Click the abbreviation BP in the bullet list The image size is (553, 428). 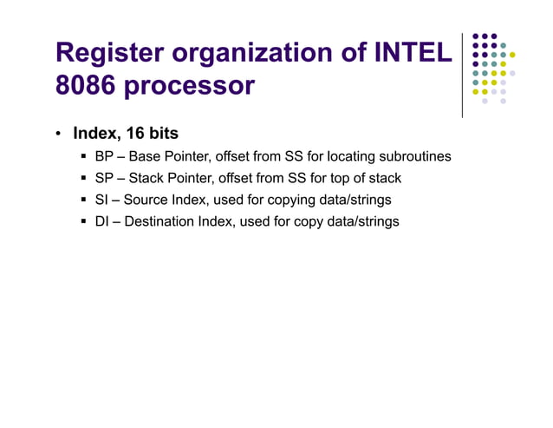pyautogui.click(x=104, y=157)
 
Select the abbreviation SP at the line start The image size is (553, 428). pyautogui.click(x=104, y=178)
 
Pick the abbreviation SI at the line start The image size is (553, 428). pyautogui.click(x=101, y=200)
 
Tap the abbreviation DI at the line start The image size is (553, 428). pyautogui.click(x=101, y=221)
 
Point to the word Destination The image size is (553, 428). pyautogui.click(x=163, y=221)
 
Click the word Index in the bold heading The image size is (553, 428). pyautogui.click(x=93, y=134)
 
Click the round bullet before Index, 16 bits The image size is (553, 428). pyautogui.click(x=57, y=135)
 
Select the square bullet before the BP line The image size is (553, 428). pyautogui.click(x=84, y=157)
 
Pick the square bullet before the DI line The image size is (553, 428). pyautogui.click(x=84, y=221)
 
